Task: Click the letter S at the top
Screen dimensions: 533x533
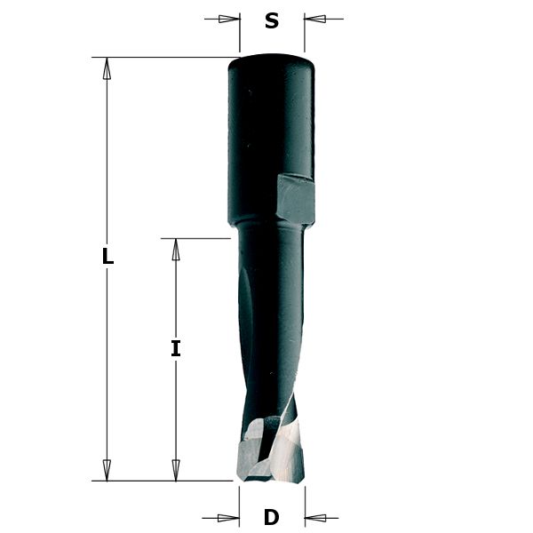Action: click(272, 21)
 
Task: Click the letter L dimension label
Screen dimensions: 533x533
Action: click(107, 257)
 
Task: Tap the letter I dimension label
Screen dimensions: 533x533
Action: click(176, 349)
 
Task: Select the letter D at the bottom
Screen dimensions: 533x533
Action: click(272, 518)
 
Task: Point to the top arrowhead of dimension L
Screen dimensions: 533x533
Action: click(107, 68)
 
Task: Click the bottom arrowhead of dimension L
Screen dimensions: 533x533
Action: click(107, 470)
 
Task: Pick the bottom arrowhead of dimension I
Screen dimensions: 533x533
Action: click(176, 470)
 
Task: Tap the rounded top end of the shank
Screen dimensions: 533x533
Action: click(271, 62)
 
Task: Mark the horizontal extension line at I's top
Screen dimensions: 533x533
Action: click(195, 238)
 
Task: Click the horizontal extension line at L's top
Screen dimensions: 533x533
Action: click(160, 58)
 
